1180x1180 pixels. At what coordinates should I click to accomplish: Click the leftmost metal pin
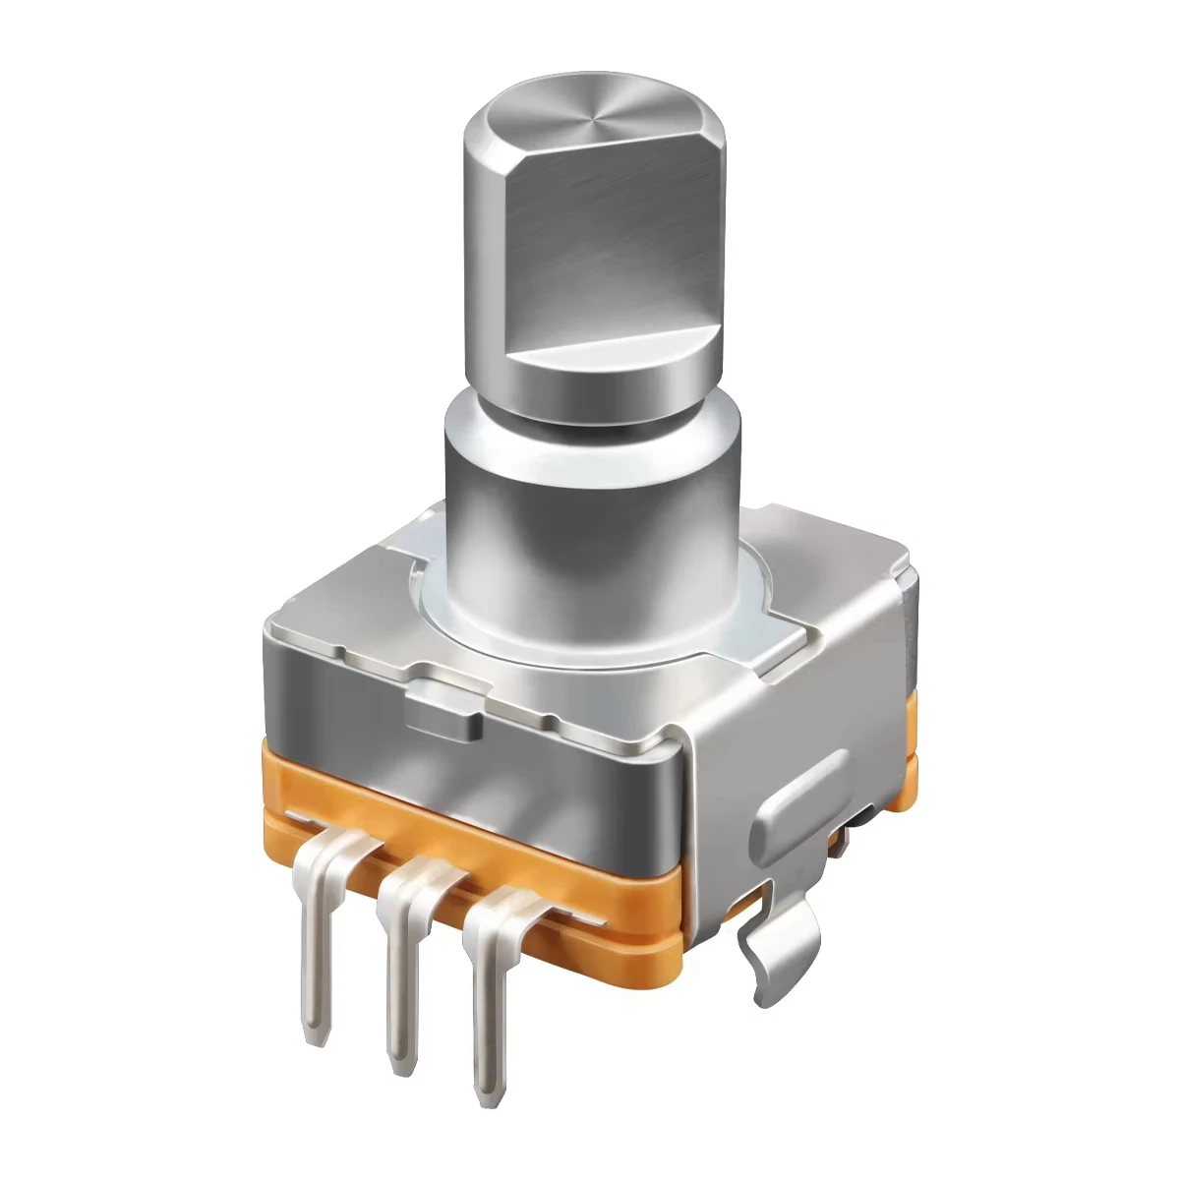coord(315,944)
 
